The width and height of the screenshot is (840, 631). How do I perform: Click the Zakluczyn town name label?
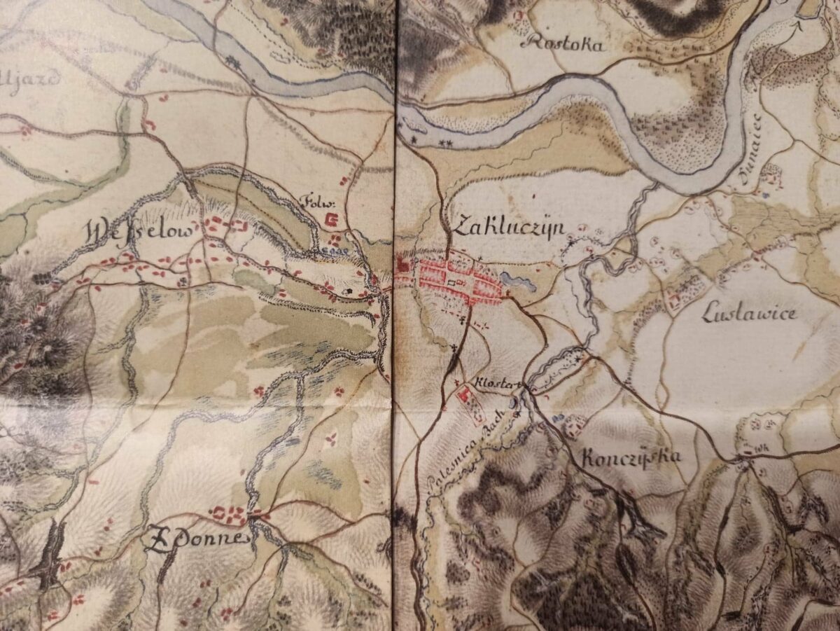pos(509,225)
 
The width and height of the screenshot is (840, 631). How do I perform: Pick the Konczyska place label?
pos(631,456)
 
